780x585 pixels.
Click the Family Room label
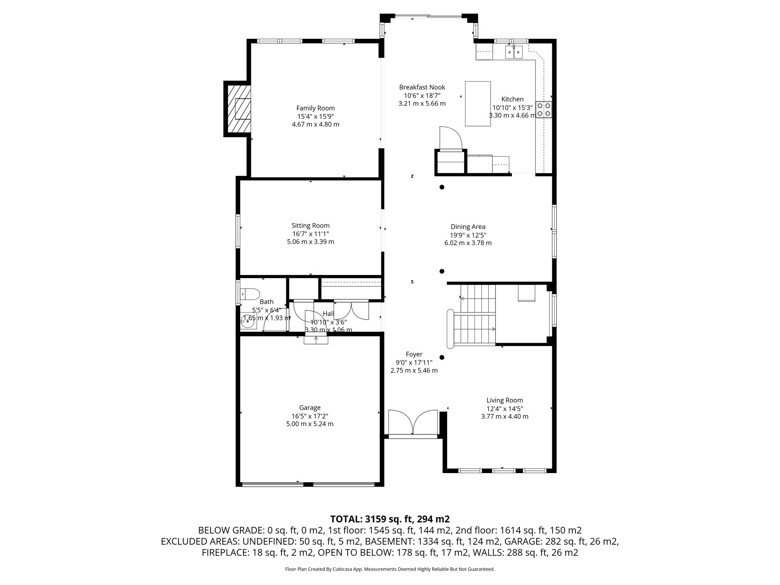point(315,109)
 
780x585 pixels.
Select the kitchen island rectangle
point(478,104)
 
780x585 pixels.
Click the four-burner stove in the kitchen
point(543,110)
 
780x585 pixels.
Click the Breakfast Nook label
point(422,88)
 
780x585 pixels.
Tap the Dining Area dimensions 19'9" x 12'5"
point(468,235)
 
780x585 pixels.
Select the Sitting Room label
point(310,225)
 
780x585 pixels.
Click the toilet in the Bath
point(250,294)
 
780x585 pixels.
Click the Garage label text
point(310,408)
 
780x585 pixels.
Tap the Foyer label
point(414,355)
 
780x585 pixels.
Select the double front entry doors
point(412,422)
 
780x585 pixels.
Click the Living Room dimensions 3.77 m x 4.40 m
point(505,417)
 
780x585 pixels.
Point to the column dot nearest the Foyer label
point(442,358)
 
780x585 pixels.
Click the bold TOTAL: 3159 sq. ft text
point(390,519)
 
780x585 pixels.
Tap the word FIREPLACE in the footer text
point(225,553)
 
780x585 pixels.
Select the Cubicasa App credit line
point(390,569)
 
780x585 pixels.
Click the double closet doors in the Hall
point(351,309)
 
